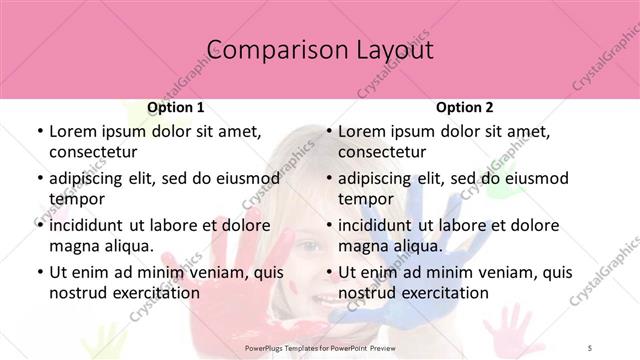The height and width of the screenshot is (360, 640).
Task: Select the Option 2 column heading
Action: pos(464,107)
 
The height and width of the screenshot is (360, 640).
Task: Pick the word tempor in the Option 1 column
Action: pos(77,199)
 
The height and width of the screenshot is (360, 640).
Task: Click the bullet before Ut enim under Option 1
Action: pos(38,272)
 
